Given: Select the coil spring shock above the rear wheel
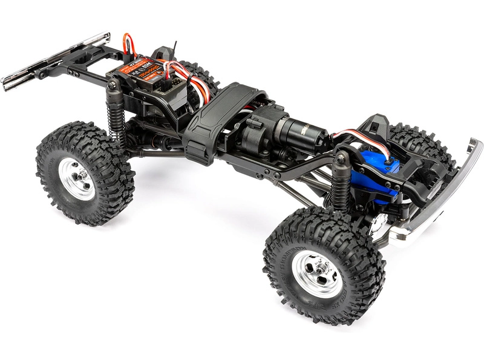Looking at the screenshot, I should click(115, 115).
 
